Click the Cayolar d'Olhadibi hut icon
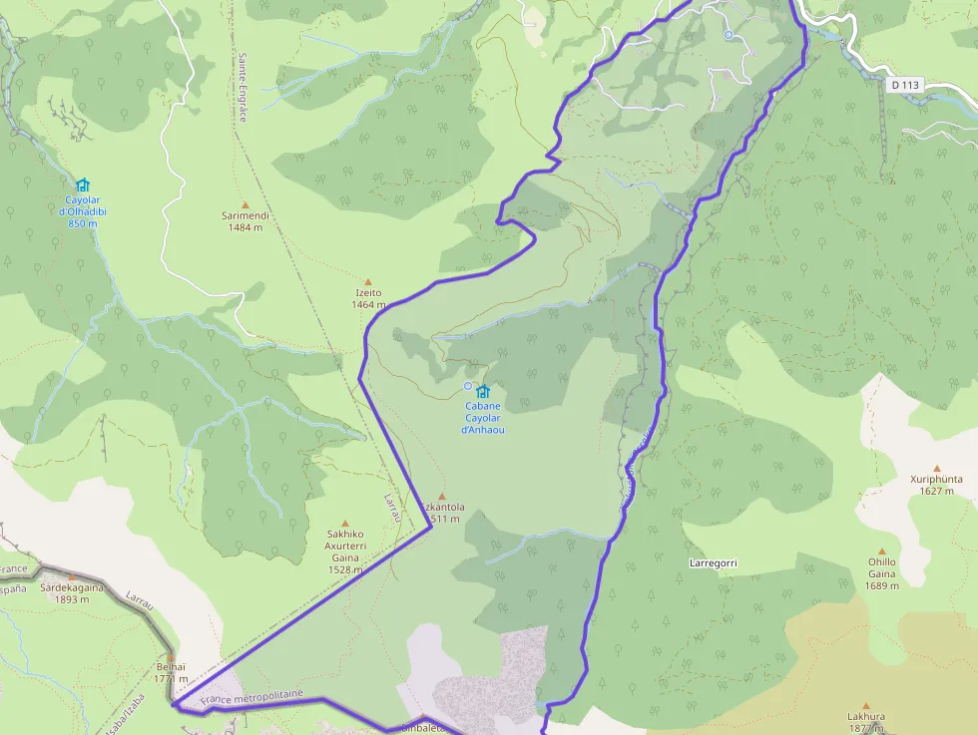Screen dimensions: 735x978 (x=83, y=184)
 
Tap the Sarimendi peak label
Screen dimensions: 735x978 (x=245, y=215)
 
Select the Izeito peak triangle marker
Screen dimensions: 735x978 (x=368, y=282)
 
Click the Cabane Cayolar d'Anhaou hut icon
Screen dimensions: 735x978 (x=484, y=391)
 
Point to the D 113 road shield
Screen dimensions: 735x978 (x=905, y=86)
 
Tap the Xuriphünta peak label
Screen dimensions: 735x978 (x=936, y=479)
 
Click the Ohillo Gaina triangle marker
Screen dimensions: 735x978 (x=882, y=551)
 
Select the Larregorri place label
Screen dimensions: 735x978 (x=713, y=563)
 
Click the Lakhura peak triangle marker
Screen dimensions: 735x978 (x=866, y=705)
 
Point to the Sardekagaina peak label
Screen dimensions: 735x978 (x=72, y=588)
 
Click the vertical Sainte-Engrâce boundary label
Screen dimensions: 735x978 (x=242, y=88)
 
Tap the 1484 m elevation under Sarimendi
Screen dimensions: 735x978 (x=245, y=227)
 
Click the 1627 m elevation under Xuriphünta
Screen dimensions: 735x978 (x=936, y=491)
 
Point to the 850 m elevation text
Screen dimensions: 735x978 (x=83, y=223)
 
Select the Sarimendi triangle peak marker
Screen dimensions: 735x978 (x=245, y=204)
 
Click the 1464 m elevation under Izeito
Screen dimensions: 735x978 (x=368, y=304)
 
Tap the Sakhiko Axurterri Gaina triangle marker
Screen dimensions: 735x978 (x=346, y=523)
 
